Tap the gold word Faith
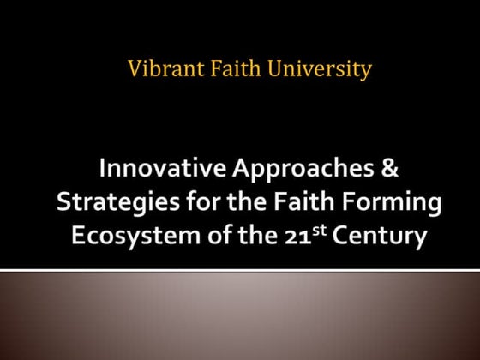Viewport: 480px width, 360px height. (x=224, y=69)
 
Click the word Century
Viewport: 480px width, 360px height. (x=378, y=237)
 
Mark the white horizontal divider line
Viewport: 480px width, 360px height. (x=240, y=271)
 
